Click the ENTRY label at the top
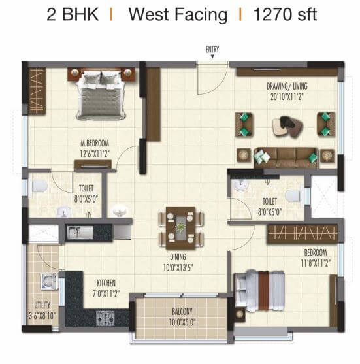[x=212, y=50]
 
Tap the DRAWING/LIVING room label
[x=287, y=86]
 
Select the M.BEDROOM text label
[x=95, y=143]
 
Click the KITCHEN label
[x=106, y=283]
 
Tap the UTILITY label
[x=43, y=305]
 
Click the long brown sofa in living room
[x=286, y=156]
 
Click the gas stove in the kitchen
[x=105, y=317]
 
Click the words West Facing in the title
[x=177, y=14]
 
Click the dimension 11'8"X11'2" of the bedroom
[x=315, y=262]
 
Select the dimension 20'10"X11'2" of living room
[x=287, y=96]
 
